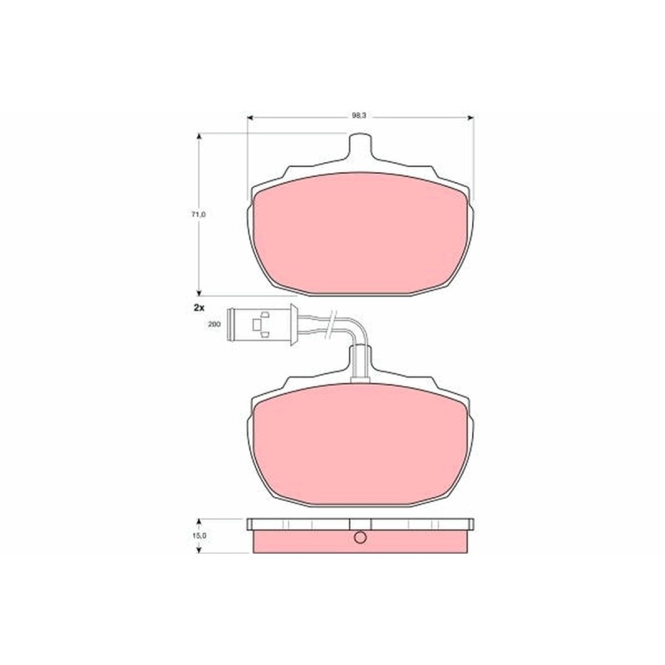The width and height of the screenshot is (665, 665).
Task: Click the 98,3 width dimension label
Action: tap(359, 116)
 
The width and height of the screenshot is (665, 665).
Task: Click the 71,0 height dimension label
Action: tap(198, 214)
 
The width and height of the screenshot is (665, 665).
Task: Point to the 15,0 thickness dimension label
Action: tap(199, 535)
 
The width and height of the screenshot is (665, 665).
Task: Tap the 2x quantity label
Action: tap(199, 308)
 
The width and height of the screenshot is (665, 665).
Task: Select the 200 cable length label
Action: tap(214, 324)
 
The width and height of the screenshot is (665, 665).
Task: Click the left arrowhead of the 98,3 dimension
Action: tap(250, 118)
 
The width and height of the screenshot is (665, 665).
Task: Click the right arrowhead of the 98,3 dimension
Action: tap(470, 118)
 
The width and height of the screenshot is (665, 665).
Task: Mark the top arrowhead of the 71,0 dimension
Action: tap(199, 136)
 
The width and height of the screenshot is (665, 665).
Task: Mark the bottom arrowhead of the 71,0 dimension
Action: tap(199, 293)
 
